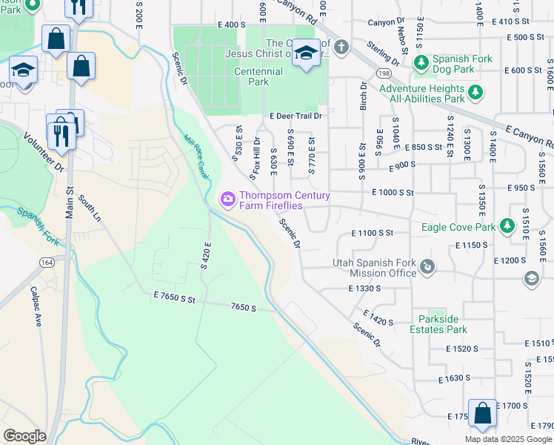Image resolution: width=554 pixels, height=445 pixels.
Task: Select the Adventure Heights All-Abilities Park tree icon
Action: (475, 93)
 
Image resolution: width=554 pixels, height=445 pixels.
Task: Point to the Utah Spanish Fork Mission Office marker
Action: (427, 266)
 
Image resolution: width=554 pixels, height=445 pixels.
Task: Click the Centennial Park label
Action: (258, 77)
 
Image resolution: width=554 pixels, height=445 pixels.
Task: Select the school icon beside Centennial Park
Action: (306, 53)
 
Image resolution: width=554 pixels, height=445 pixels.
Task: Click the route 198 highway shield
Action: (383, 73)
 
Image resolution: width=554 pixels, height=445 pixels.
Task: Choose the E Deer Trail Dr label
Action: (296, 116)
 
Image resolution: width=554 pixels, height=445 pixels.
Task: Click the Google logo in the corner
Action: (24, 436)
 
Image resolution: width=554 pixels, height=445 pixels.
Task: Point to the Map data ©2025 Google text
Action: (507, 439)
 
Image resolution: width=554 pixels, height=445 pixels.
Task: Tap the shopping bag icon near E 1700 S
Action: (483, 413)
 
